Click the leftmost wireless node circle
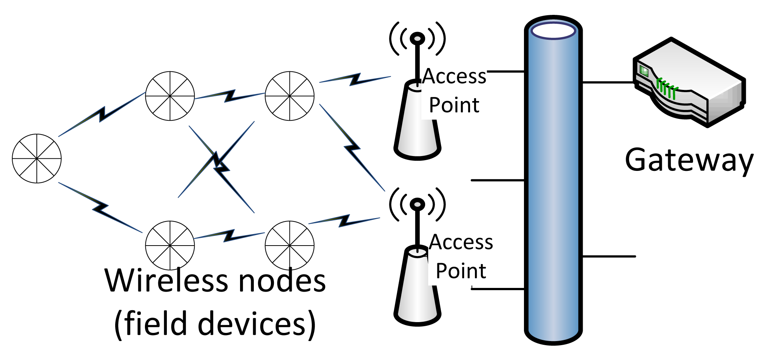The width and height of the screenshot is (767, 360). point(36,158)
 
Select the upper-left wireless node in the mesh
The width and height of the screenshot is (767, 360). point(170,96)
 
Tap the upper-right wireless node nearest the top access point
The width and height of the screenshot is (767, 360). point(289,96)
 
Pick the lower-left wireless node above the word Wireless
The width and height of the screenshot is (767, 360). point(170,245)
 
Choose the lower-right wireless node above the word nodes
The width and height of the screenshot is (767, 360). point(289,245)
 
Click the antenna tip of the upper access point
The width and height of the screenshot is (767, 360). point(417,38)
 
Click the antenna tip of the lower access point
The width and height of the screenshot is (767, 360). point(417,204)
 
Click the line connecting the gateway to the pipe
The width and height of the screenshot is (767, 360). point(608,82)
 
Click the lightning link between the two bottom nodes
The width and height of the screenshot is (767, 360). point(229,236)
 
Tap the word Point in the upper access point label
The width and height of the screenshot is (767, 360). point(454,105)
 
